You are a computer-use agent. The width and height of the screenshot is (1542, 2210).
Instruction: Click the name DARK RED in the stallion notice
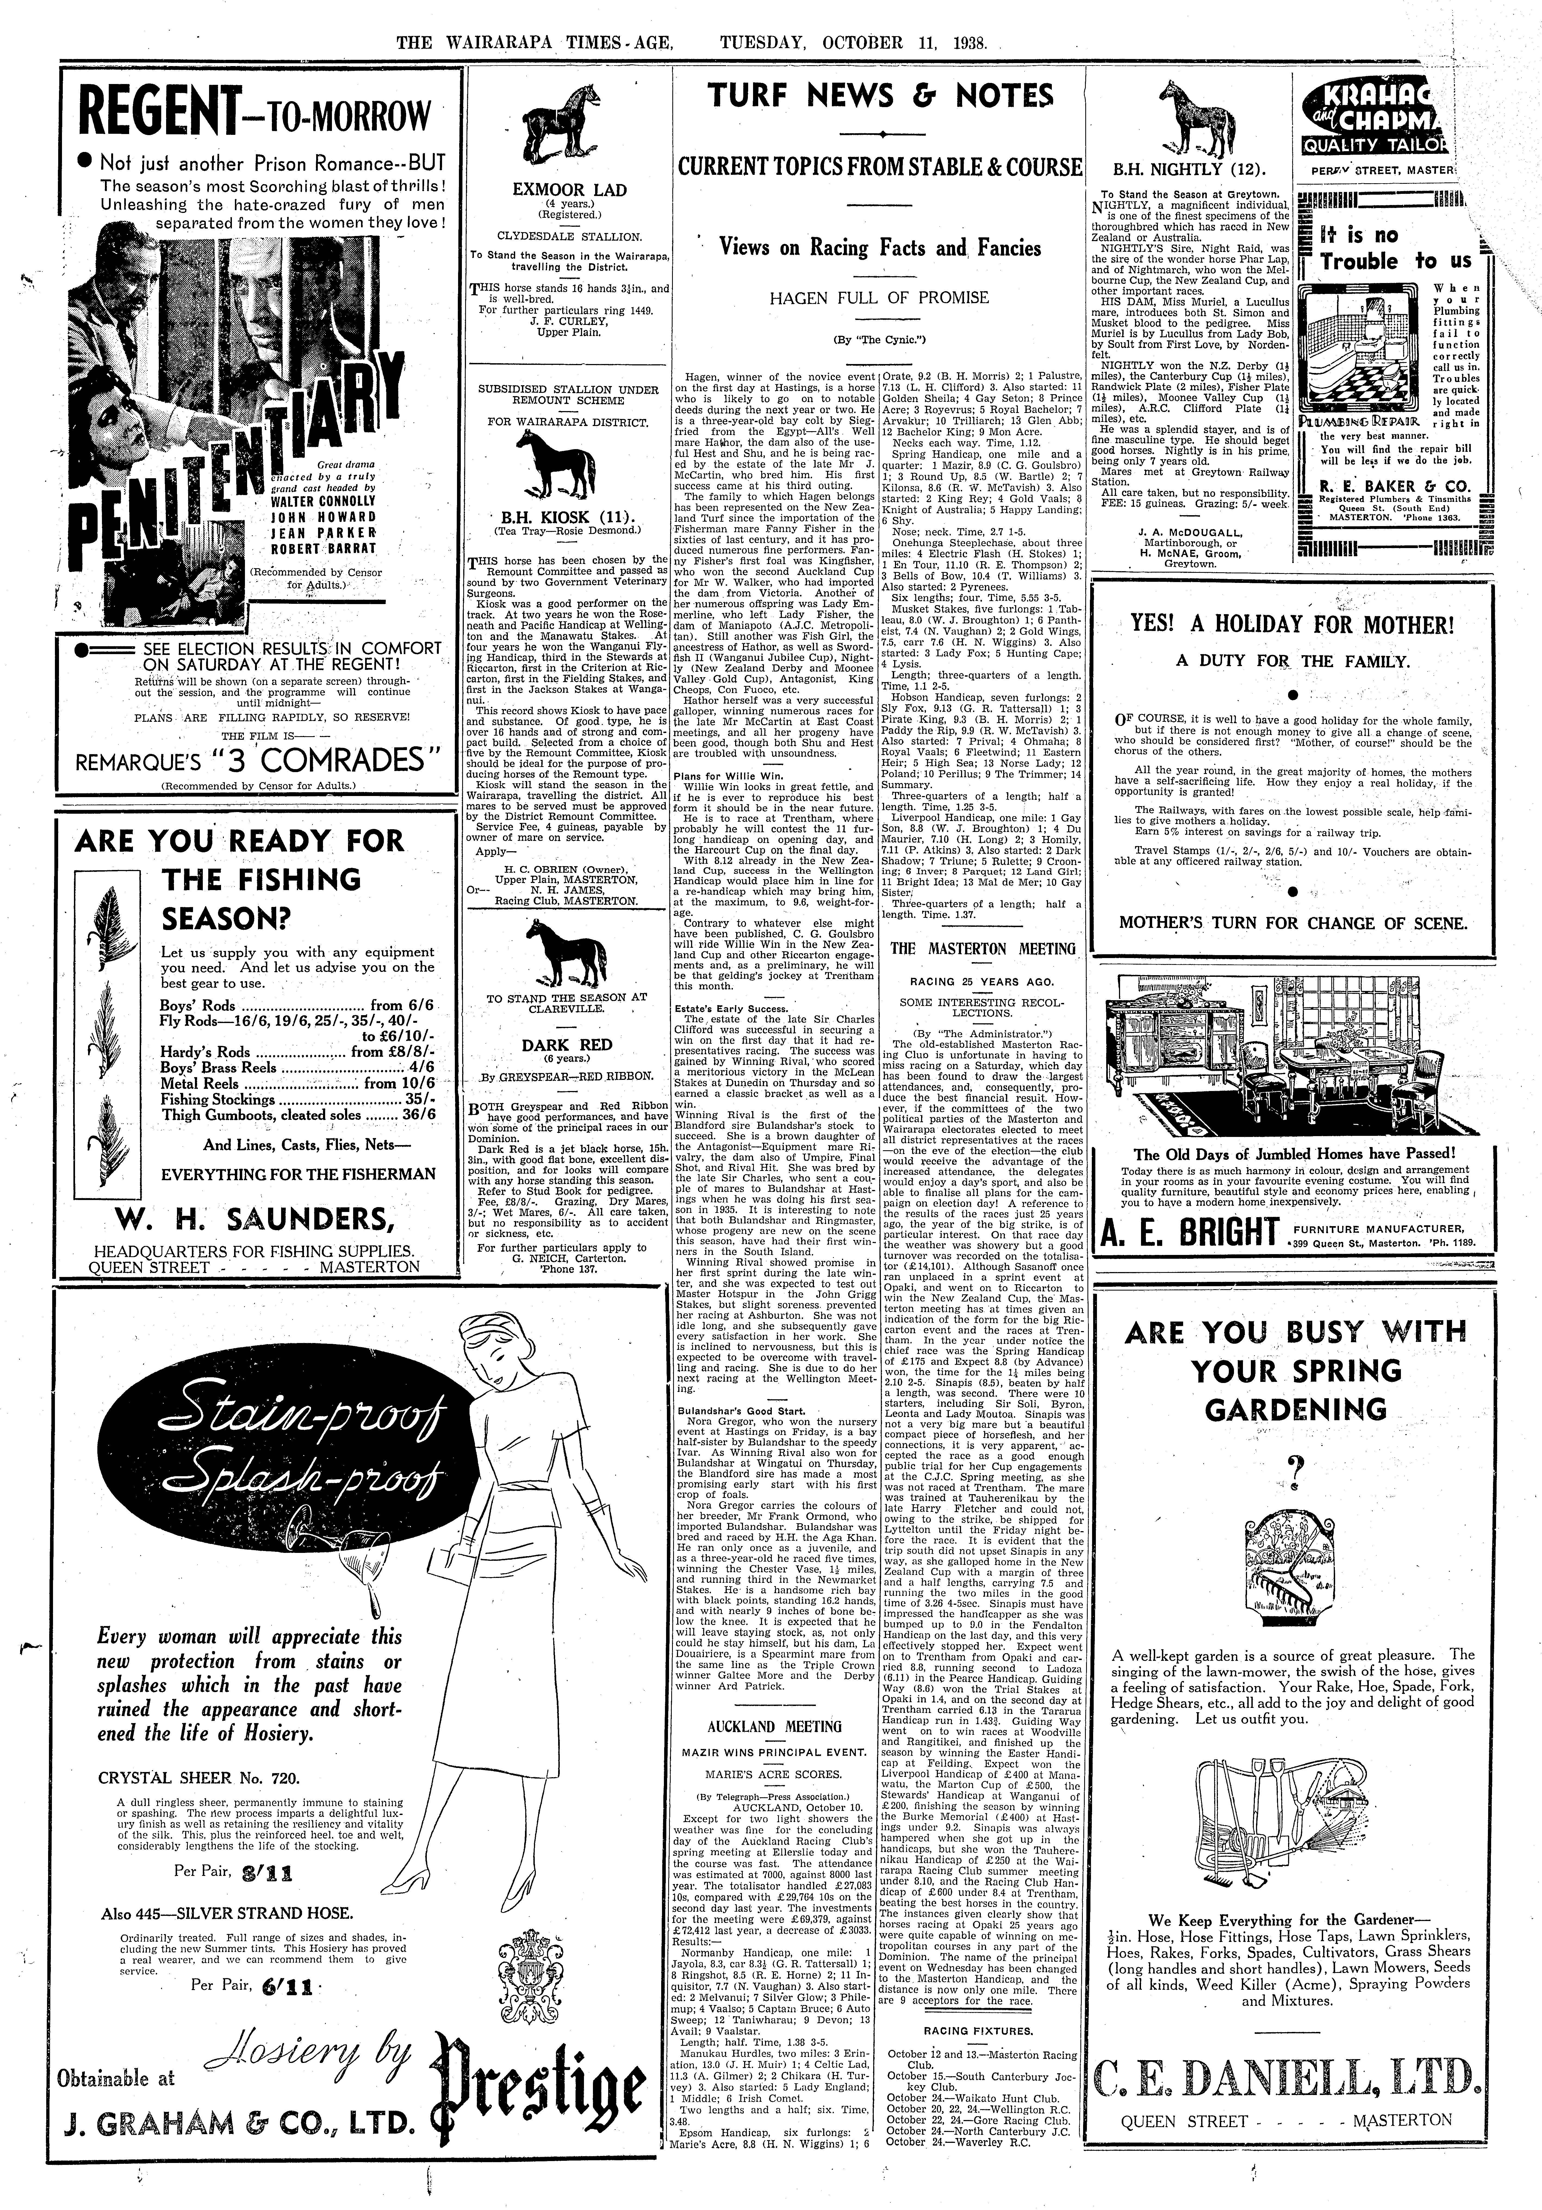point(566,1044)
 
